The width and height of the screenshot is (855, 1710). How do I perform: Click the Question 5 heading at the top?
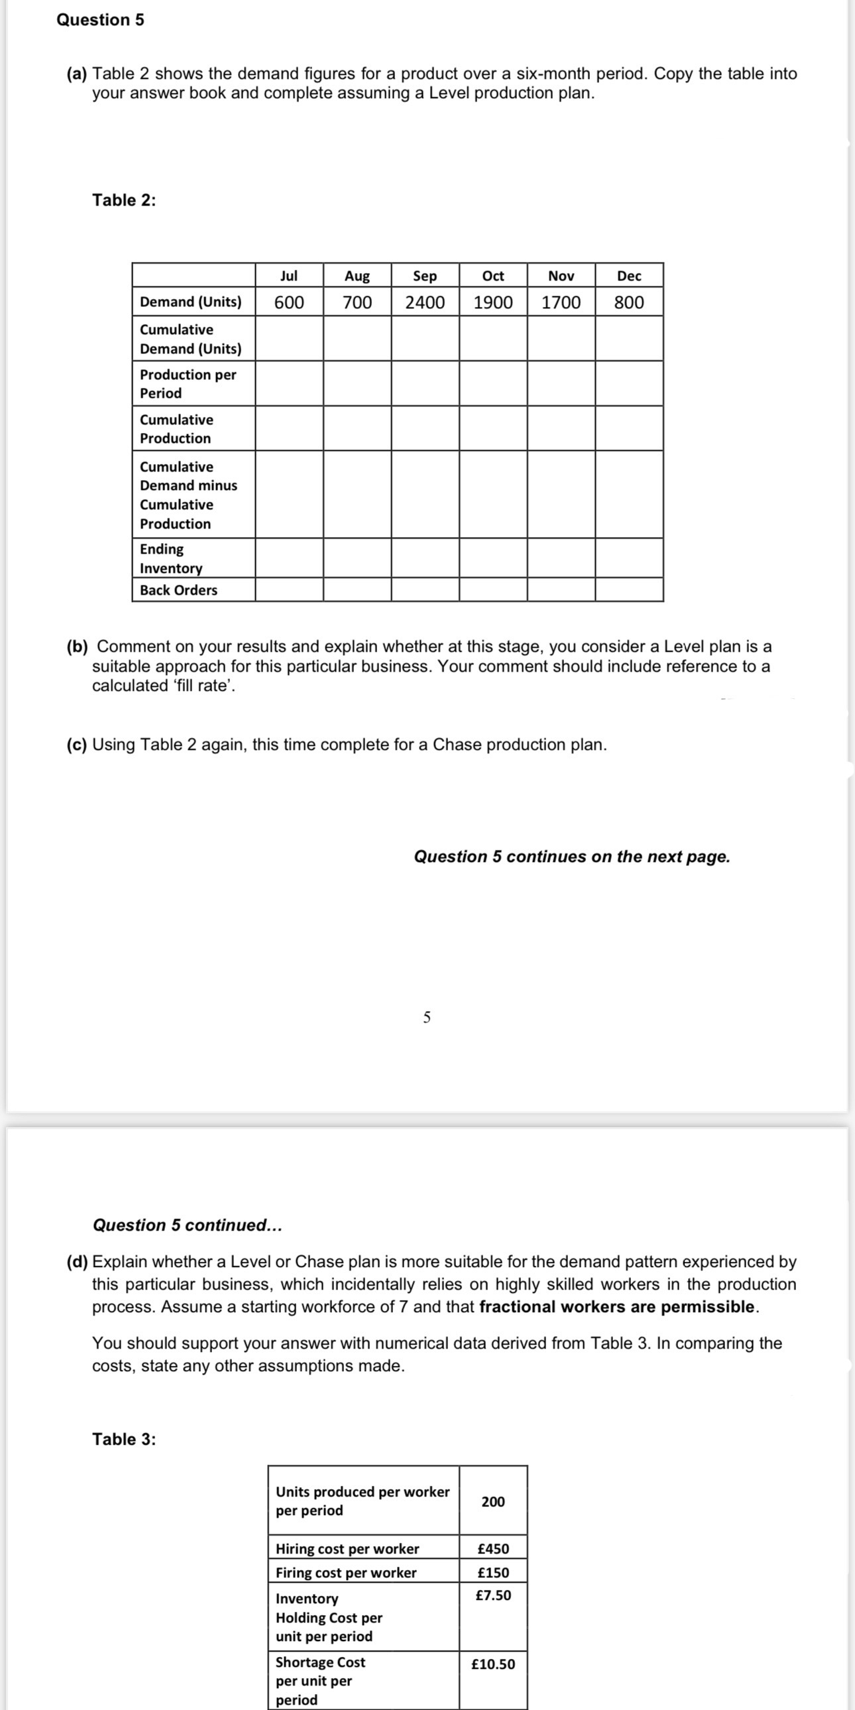click(x=99, y=20)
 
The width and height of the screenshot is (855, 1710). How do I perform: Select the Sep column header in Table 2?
click(x=425, y=275)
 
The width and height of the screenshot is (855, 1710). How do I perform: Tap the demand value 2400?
click(x=425, y=303)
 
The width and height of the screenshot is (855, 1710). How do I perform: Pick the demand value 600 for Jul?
click(x=289, y=303)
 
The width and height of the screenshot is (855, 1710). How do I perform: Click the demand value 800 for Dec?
click(x=628, y=303)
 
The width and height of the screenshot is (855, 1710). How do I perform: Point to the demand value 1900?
click(x=492, y=303)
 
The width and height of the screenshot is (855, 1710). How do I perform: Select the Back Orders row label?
click(x=178, y=590)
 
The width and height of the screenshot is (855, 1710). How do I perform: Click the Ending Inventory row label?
click(x=170, y=558)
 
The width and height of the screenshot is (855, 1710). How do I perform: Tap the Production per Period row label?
click(x=188, y=384)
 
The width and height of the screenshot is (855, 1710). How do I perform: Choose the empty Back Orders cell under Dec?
click(x=628, y=589)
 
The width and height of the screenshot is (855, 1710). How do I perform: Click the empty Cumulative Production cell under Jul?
click(x=289, y=428)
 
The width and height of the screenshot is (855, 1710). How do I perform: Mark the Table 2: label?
click(x=124, y=200)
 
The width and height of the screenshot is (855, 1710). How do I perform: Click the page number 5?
click(x=427, y=1017)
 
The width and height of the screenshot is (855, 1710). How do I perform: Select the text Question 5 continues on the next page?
click(x=571, y=857)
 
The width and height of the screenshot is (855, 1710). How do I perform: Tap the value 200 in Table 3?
click(x=492, y=1502)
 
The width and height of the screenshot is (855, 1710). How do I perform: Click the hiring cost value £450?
click(x=493, y=1549)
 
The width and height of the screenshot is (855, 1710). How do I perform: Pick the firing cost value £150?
click(x=493, y=1573)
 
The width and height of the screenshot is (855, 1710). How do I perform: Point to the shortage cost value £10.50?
click(x=492, y=1664)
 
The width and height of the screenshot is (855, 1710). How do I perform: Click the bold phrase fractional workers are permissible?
click(x=616, y=1306)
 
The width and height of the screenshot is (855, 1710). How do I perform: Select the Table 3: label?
click(x=124, y=1439)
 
